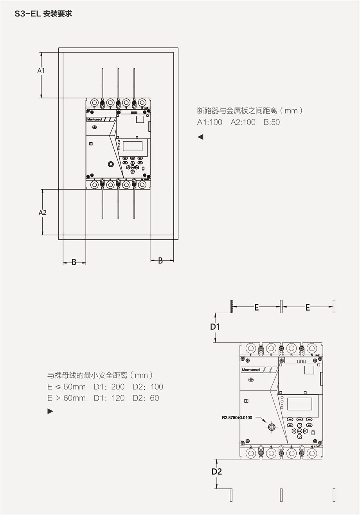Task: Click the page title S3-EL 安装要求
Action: click(43, 14)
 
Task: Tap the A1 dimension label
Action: click(41, 70)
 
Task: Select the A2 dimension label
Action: click(42, 212)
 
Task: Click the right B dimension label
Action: click(160, 260)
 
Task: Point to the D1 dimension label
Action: click(215, 327)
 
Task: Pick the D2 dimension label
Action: click(216, 472)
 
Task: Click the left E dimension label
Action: click(257, 307)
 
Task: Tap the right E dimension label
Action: click(308, 307)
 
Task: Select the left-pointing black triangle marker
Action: click(200, 137)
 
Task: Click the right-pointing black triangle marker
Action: click(50, 411)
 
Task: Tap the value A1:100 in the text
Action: click(209, 122)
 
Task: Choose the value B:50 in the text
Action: click(272, 122)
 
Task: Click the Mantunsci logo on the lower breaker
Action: click(251, 370)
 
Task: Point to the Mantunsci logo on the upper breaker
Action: click(94, 119)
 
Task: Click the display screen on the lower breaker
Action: click(299, 404)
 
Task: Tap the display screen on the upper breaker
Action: click(132, 146)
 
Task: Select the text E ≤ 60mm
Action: click(66, 387)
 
